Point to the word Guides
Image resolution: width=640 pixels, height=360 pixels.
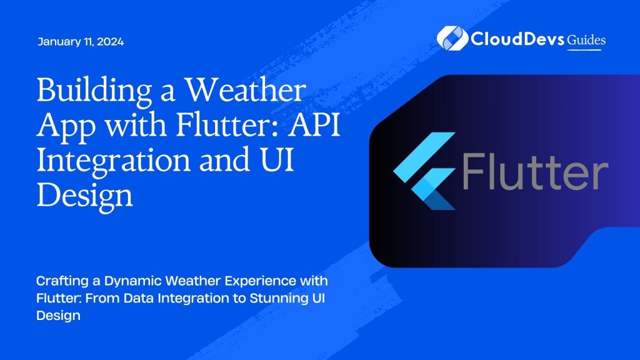pyautogui.click(x=586, y=40)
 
